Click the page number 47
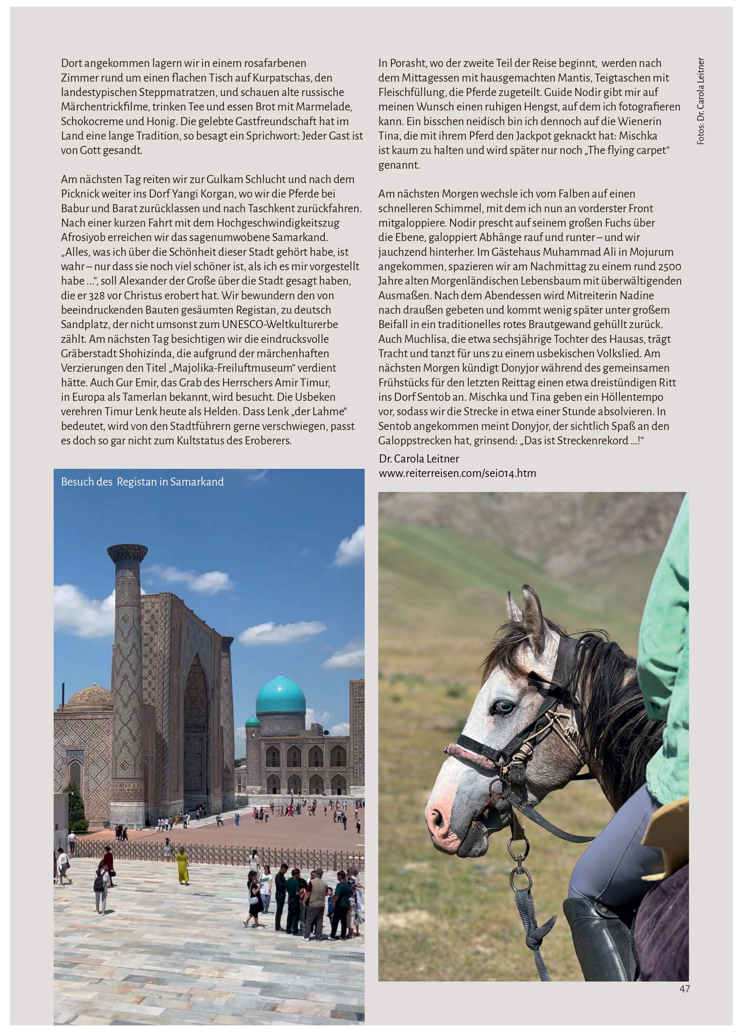[684, 989]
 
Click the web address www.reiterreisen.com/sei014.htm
[457, 473]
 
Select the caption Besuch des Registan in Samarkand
[142, 482]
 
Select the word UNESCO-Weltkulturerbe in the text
[280, 325]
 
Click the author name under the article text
[419, 459]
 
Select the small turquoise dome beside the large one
[252, 722]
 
